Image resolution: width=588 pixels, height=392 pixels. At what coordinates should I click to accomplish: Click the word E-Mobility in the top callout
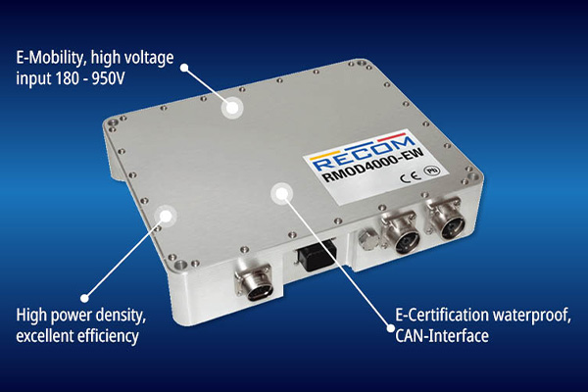pos(49,58)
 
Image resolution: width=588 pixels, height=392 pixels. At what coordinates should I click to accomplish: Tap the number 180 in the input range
pos(67,78)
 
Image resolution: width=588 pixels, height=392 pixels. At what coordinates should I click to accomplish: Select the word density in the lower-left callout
pos(121,316)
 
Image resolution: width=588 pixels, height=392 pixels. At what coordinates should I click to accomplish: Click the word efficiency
pos(108,336)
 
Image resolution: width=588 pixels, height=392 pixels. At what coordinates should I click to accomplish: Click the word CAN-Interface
pos(442,336)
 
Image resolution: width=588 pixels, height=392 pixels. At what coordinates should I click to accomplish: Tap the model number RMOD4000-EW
pos(373,166)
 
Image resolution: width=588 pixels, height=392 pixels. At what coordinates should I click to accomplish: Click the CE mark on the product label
pos(410,176)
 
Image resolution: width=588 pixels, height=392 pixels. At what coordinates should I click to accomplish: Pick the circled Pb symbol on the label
pos(431,171)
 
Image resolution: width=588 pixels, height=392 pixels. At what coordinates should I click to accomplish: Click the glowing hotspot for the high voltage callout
pos(232,108)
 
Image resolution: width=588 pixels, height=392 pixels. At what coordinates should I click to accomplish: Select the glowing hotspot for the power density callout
pos(166,216)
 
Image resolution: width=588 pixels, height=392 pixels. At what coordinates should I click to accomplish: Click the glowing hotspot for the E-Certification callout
pos(281,193)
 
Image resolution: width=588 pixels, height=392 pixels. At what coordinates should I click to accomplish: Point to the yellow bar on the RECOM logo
pos(325,154)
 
